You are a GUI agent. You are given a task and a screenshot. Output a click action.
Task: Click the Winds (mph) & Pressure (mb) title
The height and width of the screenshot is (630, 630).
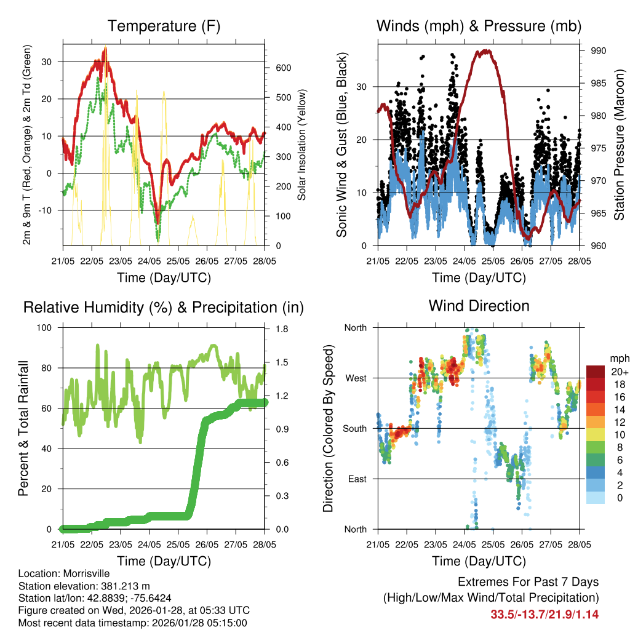click(x=479, y=26)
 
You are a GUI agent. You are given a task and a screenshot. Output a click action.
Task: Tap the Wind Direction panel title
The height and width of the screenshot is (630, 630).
click(x=479, y=306)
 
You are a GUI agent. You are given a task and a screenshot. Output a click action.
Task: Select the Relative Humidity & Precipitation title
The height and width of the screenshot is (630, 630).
click(x=163, y=307)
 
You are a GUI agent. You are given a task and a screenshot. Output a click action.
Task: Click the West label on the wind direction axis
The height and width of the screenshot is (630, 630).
click(x=355, y=378)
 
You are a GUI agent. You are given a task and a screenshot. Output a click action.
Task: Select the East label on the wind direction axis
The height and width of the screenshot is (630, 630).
click(x=356, y=479)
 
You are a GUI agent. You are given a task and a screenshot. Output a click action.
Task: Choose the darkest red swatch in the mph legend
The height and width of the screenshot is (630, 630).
click(x=596, y=372)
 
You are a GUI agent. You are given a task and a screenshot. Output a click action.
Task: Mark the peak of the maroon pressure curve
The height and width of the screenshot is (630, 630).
click(x=485, y=51)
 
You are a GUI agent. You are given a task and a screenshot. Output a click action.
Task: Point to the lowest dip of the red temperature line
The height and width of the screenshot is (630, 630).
click(x=157, y=222)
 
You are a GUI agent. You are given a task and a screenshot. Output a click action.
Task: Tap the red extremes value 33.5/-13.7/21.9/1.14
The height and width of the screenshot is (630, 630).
click(x=544, y=615)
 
